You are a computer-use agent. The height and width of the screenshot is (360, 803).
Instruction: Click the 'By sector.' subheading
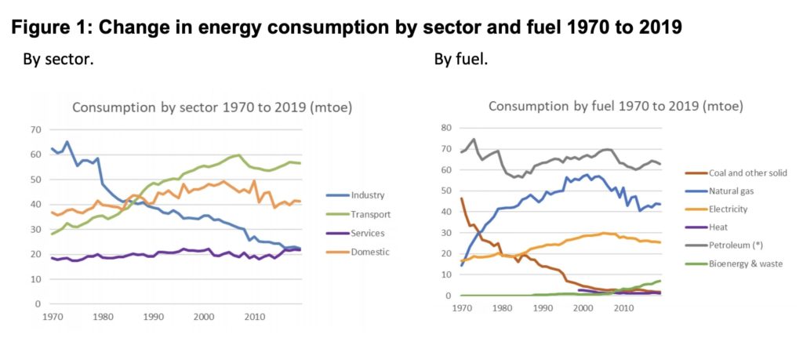click(x=57, y=60)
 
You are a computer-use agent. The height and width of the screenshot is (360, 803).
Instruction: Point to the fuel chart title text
click(x=616, y=106)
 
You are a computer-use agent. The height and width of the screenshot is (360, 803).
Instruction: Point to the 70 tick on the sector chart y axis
click(x=35, y=129)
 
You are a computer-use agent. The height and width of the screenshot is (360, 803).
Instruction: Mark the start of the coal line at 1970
click(x=461, y=198)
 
